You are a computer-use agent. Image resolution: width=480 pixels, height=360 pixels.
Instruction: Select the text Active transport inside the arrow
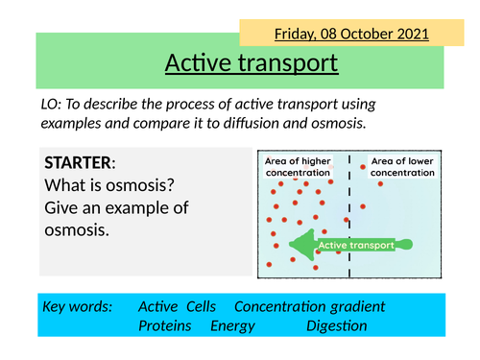tap(356, 246)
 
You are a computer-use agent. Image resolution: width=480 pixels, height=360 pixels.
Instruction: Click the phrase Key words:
tap(78, 306)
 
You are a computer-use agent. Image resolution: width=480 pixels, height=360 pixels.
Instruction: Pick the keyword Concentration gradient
tap(310, 306)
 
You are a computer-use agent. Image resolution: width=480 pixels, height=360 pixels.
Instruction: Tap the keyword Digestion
tap(336, 326)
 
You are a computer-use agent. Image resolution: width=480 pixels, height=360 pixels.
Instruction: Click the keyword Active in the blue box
tap(158, 306)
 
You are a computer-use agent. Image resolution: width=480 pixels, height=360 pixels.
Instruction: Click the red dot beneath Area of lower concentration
tap(381, 183)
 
